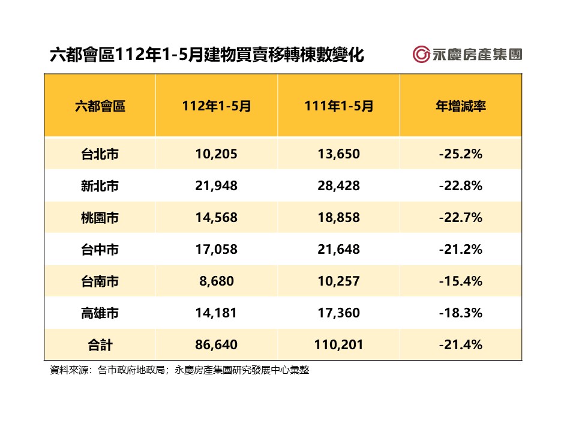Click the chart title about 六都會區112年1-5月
pos(206,55)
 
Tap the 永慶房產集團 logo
pos(467,54)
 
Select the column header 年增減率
pos(460,107)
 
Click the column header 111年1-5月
pos(338,107)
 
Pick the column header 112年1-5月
pos(217,107)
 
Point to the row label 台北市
pos(100,154)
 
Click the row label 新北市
pos(100,186)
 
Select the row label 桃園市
pos(100,218)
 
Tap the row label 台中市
pos(100,250)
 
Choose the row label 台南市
pos(100,281)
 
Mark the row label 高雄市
pos(100,313)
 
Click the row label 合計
pos(100,345)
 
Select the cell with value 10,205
pos(217,154)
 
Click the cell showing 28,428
pos(338,186)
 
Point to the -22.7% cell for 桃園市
pos(460,218)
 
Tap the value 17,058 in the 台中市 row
pos(217,250)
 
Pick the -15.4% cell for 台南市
pos(460,281)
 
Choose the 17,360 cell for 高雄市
pos(338,313)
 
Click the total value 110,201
pos(338,345)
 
